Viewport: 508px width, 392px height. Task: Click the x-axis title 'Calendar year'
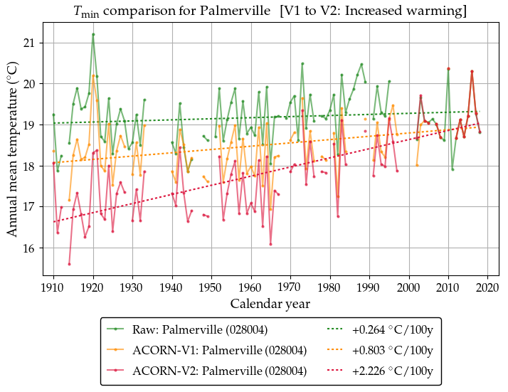[x=270, y=304]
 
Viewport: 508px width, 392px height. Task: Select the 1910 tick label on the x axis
[x=53, y=287]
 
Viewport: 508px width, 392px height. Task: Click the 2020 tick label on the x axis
[x=487, y=287]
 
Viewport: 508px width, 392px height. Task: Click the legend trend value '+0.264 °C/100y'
[x=393, y=330]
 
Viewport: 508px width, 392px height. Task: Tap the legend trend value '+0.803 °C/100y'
[x=393, y=351]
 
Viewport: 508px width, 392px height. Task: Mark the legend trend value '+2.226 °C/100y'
[x=393, y=371]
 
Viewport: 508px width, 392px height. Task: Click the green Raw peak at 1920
[x=93, y=34]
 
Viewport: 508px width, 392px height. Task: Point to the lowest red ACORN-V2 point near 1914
[x=69, y=264]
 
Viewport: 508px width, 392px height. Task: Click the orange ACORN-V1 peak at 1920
[x=93, y=75]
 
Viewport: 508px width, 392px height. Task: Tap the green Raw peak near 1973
[x=302, y=63]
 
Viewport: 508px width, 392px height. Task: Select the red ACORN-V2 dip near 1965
[x=270, y=244]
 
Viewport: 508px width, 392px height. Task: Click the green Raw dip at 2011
[x=453, y=169]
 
